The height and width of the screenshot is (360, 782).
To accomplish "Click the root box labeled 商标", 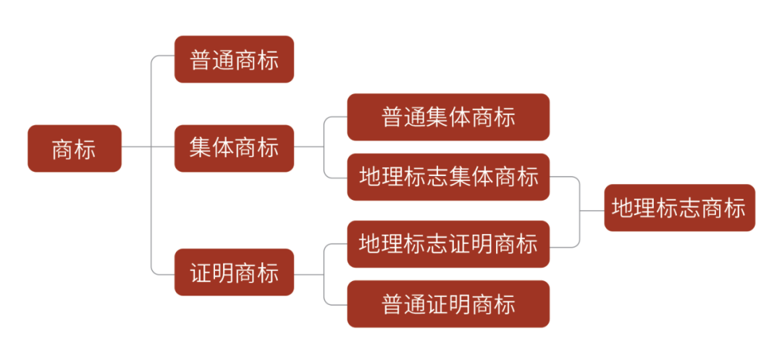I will tap(75, 148).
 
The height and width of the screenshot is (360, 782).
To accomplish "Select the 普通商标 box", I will tap(234, 59).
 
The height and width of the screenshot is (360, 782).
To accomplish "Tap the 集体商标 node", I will tap(234, 148).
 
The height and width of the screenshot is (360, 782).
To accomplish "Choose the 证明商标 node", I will tap(234, 272).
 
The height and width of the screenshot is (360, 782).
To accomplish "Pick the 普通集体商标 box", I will tap(448, 117).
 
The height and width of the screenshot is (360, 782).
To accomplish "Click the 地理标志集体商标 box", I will tap(448, 177).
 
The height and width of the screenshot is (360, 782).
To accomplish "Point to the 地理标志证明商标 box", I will tap(448, 243).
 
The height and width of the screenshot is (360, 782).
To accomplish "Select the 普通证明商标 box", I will tap(448, 304).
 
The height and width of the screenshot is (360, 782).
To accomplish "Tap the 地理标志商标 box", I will tap(679, 208).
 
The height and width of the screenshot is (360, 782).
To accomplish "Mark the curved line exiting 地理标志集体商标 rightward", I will tap(568, 177).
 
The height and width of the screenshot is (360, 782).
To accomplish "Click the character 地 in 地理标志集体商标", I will tap(371, 177).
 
